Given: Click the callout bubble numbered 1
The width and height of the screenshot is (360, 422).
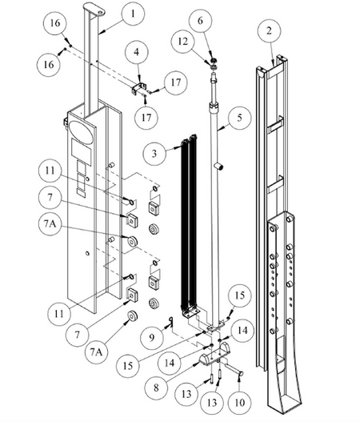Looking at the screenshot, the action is [x=133, y=14].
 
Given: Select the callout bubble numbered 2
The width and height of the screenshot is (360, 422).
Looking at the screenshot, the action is [x=269, y=31].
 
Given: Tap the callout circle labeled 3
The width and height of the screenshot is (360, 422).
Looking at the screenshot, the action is [x=154, y=154].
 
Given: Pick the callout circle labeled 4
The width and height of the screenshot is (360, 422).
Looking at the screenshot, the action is [x=137, y=52].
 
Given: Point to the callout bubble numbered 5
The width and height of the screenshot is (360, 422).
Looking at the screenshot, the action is [x=239, y=118].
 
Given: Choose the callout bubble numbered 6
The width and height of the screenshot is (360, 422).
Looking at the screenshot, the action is [x=200, y=21].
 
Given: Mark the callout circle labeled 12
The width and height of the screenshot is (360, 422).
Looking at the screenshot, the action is [x=183, y=42].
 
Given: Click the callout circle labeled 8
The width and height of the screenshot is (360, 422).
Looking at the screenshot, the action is [x=156, y=388].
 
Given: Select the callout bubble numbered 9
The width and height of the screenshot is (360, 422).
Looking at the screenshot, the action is [x=152, y=337].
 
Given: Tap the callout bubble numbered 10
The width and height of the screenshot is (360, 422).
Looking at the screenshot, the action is [x=239, y=402].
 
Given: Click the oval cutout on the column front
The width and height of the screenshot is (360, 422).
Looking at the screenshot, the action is [x=81, y=131].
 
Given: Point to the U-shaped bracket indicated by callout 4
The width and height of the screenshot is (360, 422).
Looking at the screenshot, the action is [x=139, y=88].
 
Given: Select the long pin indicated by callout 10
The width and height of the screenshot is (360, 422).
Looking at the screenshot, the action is [x=232, y=368].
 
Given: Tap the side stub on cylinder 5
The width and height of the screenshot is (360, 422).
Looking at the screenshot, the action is [x=219, y=167].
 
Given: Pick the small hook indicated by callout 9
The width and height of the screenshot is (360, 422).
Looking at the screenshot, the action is [x=170, y=320].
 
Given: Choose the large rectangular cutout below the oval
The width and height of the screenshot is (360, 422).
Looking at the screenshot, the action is [x=81, y=152].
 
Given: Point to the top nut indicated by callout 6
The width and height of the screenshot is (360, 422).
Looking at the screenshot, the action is [x=214, y=60].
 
